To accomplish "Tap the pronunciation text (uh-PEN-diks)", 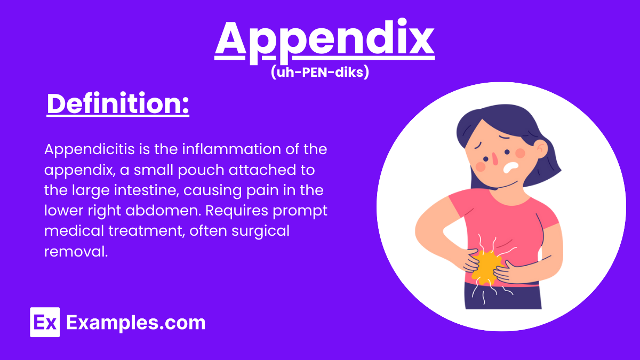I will [320, 73].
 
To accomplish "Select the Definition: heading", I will [118, 105].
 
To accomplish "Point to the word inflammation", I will [237, 149].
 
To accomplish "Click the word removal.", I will [76, 251].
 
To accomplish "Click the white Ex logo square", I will [45, 323].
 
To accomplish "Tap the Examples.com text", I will [135, 323].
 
